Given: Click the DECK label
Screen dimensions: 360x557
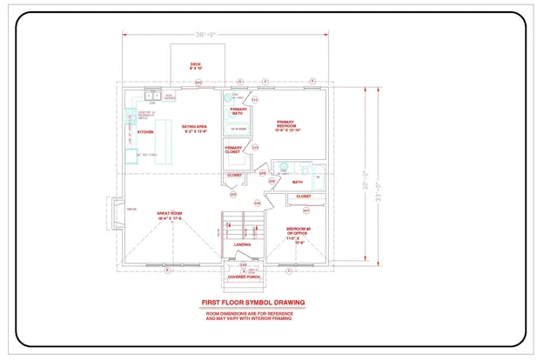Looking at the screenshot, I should click(x=196, y=65).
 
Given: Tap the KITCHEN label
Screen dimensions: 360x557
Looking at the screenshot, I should click(x=145, y=132).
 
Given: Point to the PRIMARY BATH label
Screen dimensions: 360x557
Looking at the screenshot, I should click(x=238, y=111).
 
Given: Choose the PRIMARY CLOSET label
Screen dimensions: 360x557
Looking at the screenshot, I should click(x=233, y=150).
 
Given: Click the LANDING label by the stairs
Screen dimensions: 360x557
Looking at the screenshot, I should click(x=243, y=244).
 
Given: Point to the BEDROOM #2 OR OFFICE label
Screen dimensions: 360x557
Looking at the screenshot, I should click(x=299, y=236).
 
